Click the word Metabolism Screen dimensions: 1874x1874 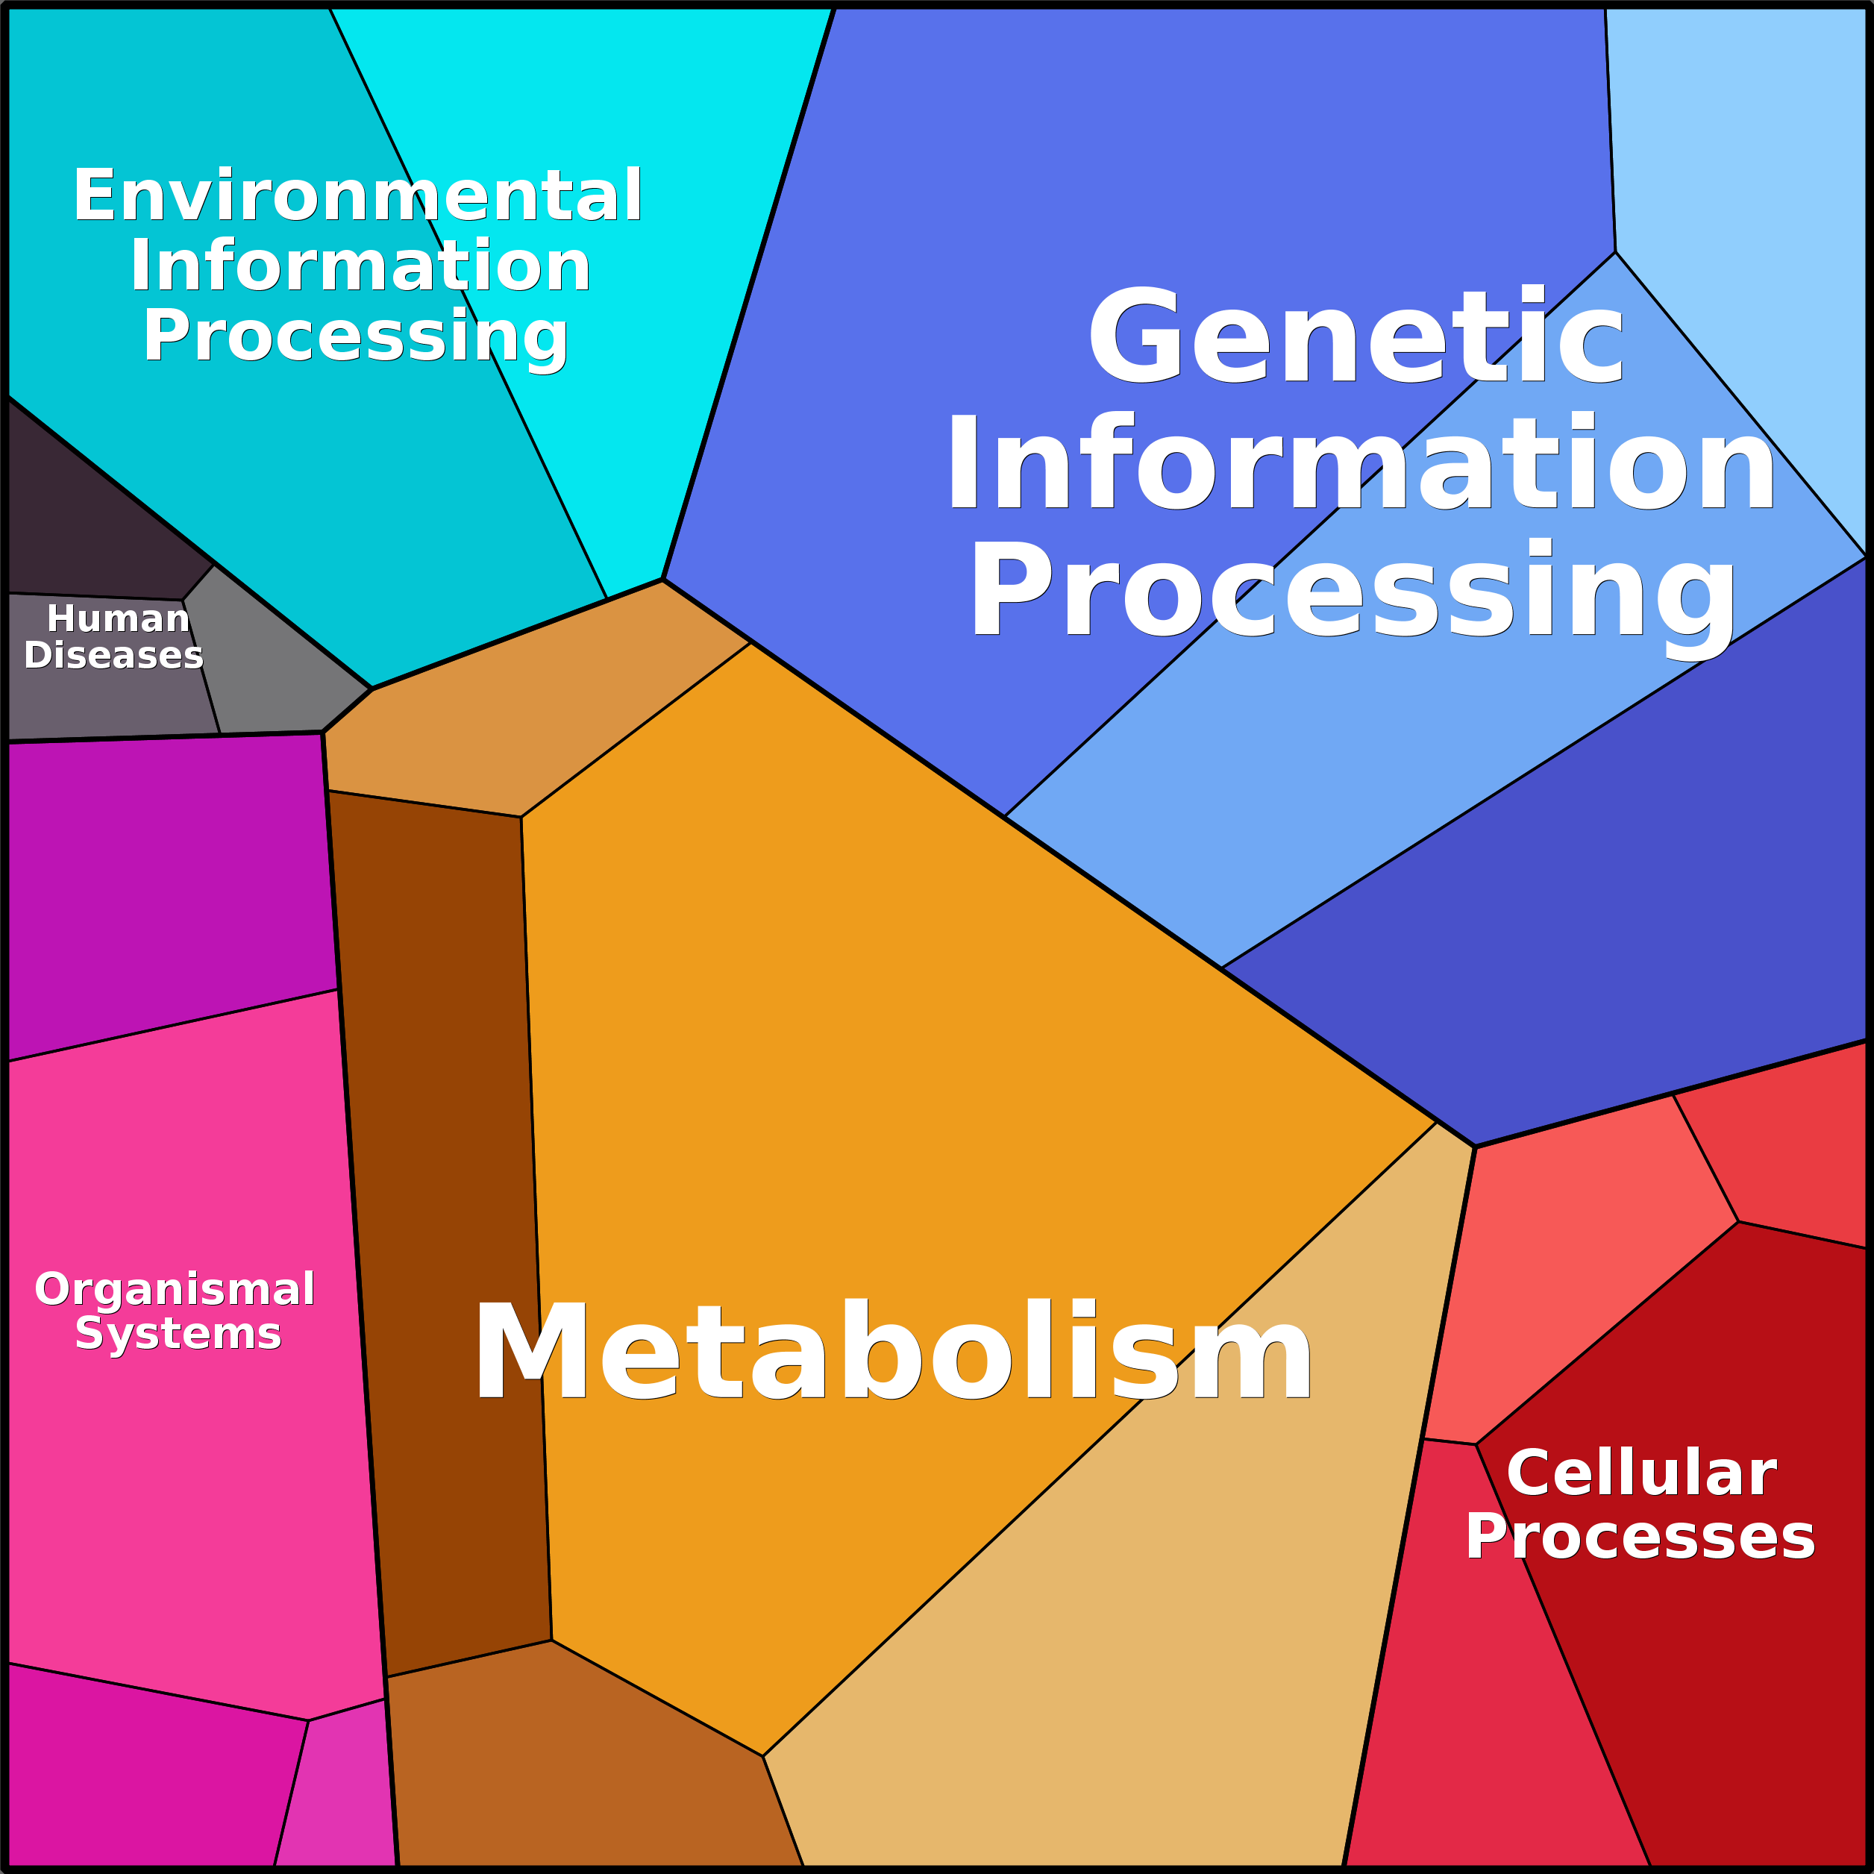pos(892,1351)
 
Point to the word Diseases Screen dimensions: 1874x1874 pos(113,655)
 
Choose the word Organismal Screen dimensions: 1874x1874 pos(175,1289)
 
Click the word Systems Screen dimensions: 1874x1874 pos(178,1332)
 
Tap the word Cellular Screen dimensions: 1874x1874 pos(1641,1473)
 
